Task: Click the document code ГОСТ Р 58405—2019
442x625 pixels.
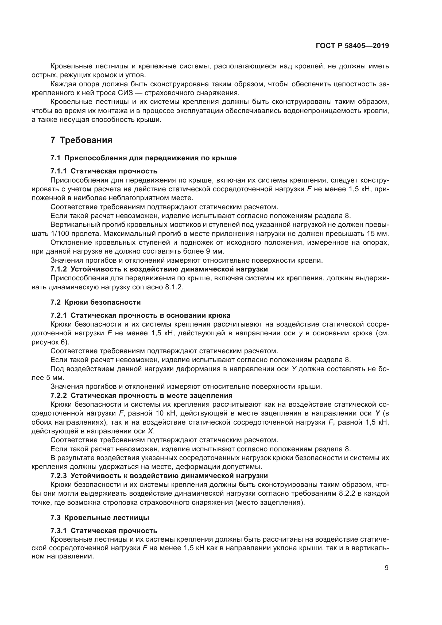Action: point(352,46)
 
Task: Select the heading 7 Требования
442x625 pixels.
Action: point(82,140)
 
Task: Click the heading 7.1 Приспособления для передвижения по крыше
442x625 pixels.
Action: point(144,158)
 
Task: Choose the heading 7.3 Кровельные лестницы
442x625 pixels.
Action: point(100,518)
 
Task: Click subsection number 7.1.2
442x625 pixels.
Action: point(59,269)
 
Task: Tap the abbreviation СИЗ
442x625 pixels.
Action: point(126,93)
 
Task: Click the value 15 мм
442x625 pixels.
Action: point(378,234)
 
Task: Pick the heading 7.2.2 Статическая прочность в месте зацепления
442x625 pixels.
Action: point(141,395)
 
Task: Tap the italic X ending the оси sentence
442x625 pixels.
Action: point(150,431)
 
